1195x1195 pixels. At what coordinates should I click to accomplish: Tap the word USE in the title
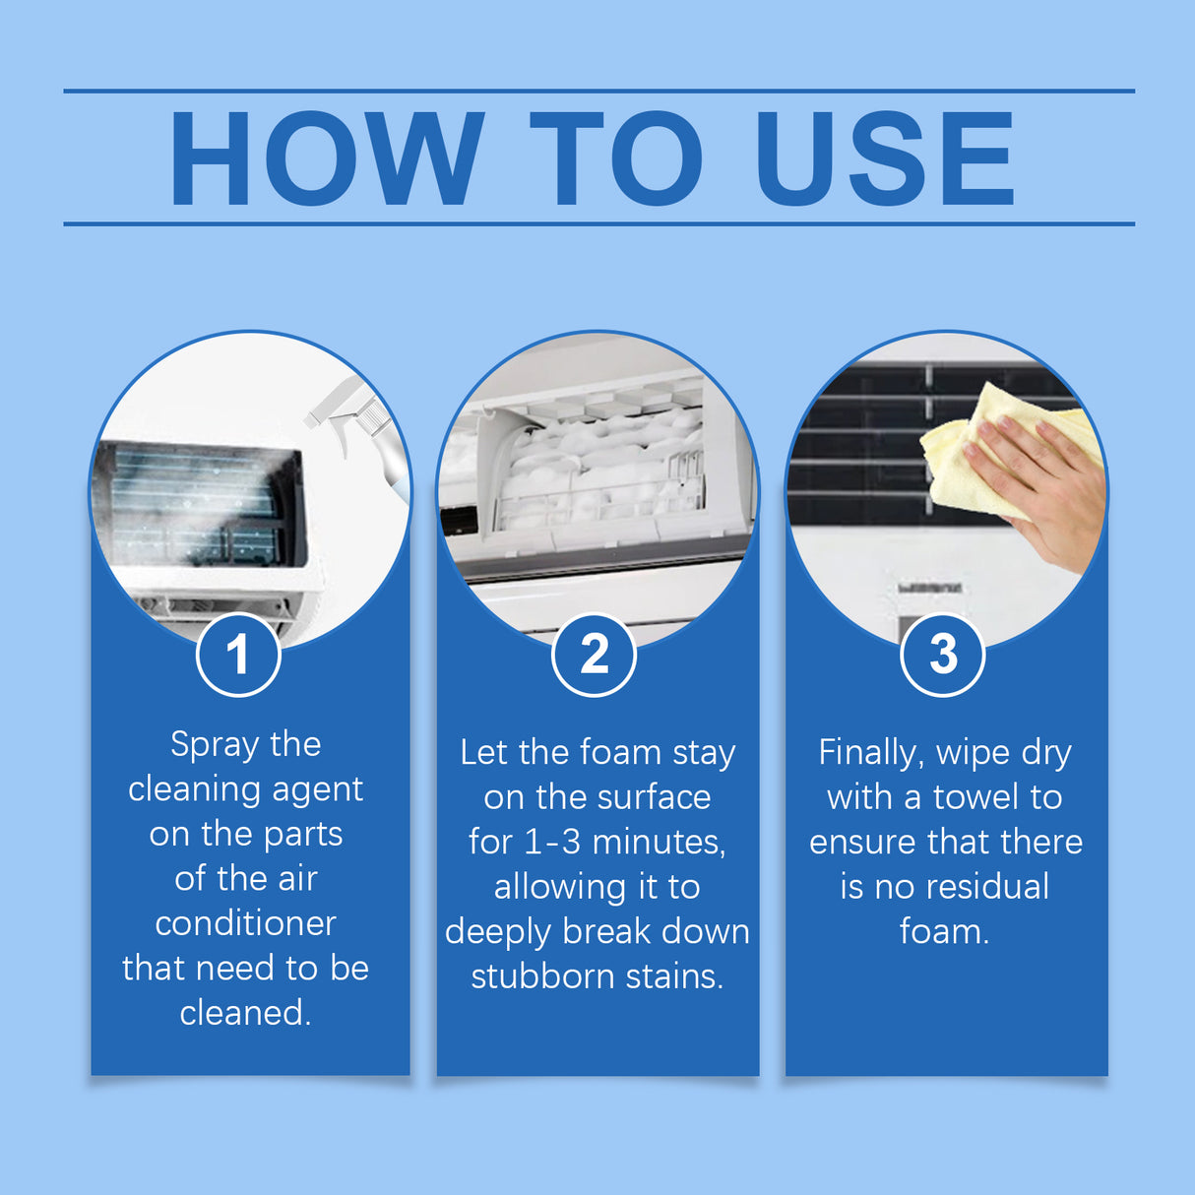click(x=884, y=158)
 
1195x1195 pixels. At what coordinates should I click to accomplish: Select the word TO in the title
click(x=616, y=158)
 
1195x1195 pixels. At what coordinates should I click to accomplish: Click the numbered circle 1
click(x=238, y=655)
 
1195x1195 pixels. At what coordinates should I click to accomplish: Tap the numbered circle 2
click(x=594, y=655)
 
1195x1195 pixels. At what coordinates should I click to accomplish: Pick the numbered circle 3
click(x=943, y=655)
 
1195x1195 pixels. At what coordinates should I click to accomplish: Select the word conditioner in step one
click(x=245, y=923)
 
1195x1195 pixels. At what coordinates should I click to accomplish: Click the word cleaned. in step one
click(x=245, y=1013)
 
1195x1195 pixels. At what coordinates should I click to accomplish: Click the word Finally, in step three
click(x=870, y=753)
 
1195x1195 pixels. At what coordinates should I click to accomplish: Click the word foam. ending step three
click(x=944, y=931)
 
